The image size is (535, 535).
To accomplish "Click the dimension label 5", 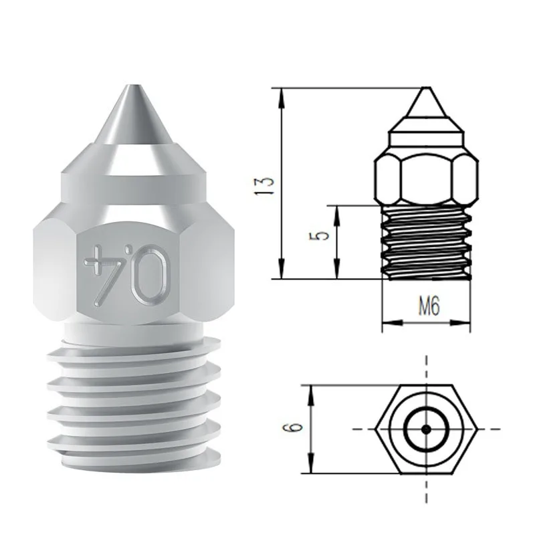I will tap(321, 237).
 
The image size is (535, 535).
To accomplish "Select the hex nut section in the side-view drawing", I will tap(425, 177).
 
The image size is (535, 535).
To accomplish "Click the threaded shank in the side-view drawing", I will tap(425, 241).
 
